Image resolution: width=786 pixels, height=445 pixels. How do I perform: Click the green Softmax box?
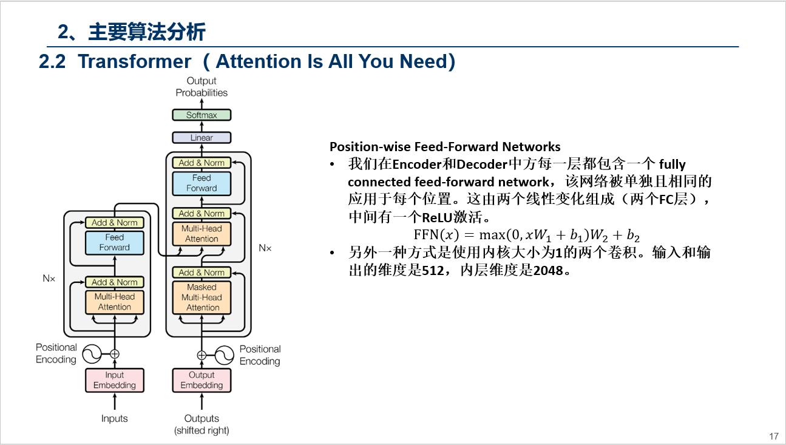pyautogui.click(x=202, y=115)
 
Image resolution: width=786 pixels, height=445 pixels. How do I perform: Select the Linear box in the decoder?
pyautogui.click(x=202, y=138)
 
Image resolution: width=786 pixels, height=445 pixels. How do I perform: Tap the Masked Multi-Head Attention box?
pyautogui.click(x=202, y=297)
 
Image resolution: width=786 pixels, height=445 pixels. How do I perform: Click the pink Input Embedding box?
pyautogui.click(x=115, y=380)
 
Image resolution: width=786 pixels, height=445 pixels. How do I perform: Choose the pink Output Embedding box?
pyautogui.click(x=202, y=380)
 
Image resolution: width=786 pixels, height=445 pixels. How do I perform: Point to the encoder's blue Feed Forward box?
pyautogui.click(x=115, y=242)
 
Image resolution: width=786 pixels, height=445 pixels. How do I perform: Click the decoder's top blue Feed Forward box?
pyautogui.click(x=202, y=183)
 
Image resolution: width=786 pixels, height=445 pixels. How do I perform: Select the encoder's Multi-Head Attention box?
pyautogui.click(x=115, y=302)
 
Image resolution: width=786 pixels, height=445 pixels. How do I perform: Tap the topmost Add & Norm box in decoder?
pyautogui.click(x=202, y=163)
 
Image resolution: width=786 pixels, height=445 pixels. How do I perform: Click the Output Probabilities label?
pyautogui.click(x=202, y=87)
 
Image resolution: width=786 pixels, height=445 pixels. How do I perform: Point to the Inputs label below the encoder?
pyautogui.click(x=115, y=418)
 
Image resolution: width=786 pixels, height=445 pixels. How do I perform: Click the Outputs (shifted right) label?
pyautogui.click(x=202, y=424)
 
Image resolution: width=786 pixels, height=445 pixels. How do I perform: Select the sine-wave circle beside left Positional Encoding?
pyautogui.click(x=92, y=353)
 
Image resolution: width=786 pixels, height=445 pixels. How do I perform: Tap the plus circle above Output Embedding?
pyautogui.click(x=202, y=355)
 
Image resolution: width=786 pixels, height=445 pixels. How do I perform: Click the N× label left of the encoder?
pyautogui.click(x=49, y=279)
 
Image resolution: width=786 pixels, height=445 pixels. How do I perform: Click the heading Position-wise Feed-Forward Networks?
pyautogui.click(x=445, y=147)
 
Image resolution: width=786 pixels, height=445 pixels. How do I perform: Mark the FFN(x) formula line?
pyautogui.click(x=526, y=235)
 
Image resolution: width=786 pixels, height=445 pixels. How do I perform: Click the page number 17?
pyautogui.click(x=773, y=436)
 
